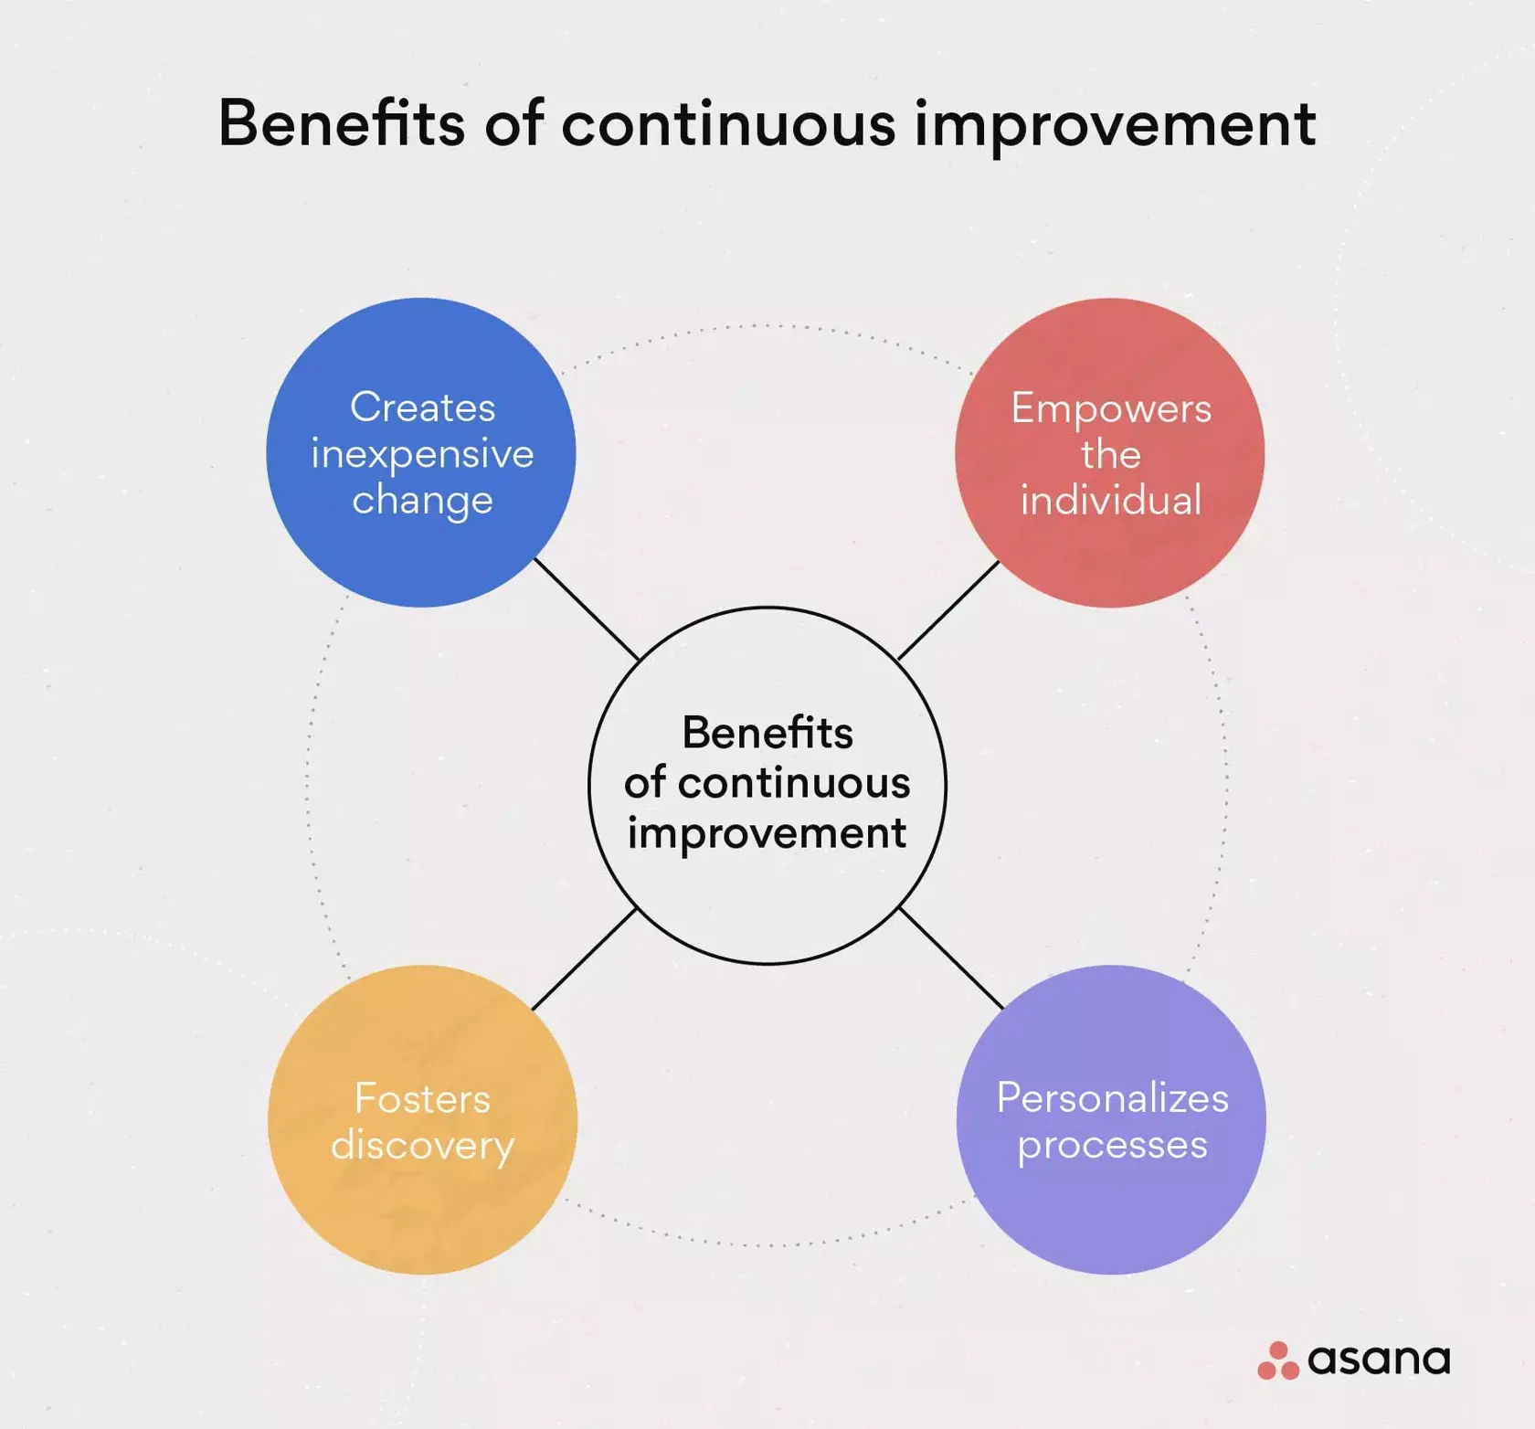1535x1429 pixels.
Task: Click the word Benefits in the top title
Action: (x=341, y=123)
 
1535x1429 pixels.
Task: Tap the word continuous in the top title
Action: (x=727, y=123)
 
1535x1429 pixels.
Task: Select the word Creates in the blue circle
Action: (x=422, y=408)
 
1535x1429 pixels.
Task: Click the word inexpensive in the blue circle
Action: (x=422, y=454)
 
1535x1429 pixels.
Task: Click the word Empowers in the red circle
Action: (x=1110, y=408)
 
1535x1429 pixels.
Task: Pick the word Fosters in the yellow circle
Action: (x=422, y=1098)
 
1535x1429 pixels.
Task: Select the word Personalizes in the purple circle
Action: (x=1112, y=1098)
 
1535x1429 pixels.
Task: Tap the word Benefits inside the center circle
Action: (x=767, y=733)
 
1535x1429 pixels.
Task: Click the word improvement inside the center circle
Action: (x=767, y=833)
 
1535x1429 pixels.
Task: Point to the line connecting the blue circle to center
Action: (x=586, y=609)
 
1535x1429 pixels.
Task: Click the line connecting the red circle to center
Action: (x=948, y=609)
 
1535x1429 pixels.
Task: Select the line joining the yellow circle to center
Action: (x=584, y=958)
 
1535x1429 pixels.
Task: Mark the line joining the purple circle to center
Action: (x=951, y=958)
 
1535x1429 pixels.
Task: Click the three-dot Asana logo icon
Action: (x=1278, y=1360)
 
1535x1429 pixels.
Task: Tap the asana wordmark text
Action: (x=1379, y=1360)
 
